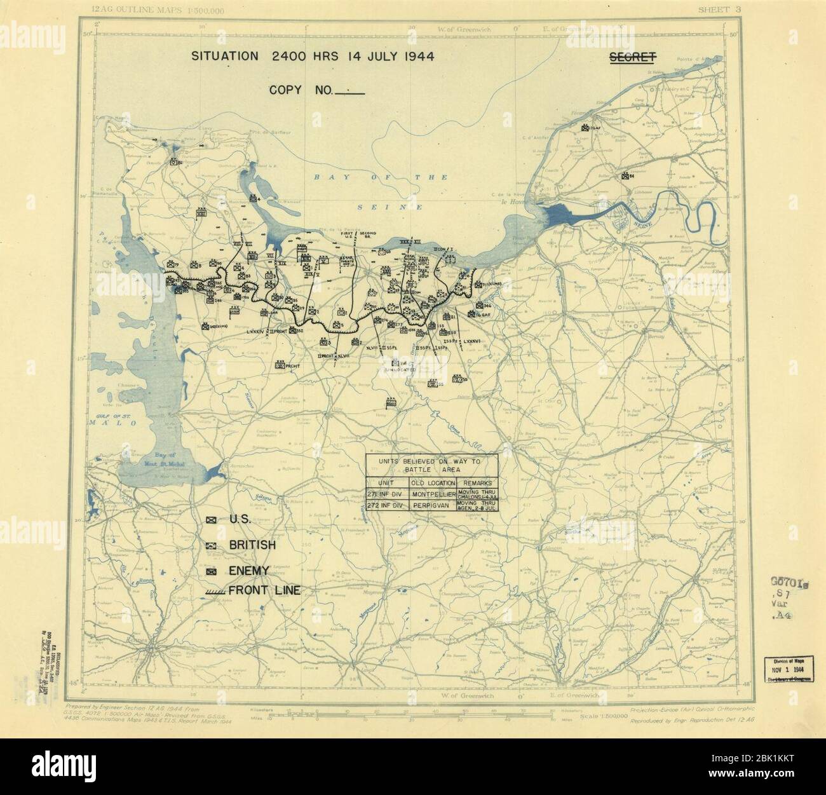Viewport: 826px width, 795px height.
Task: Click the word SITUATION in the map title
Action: point(225,56)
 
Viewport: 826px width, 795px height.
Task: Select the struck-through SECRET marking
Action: point(633,57)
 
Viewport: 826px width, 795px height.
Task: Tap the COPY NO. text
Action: point(299,90)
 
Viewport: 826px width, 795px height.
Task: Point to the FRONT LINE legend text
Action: point(264,591)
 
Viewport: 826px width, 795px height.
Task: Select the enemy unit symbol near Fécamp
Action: point(584,127)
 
